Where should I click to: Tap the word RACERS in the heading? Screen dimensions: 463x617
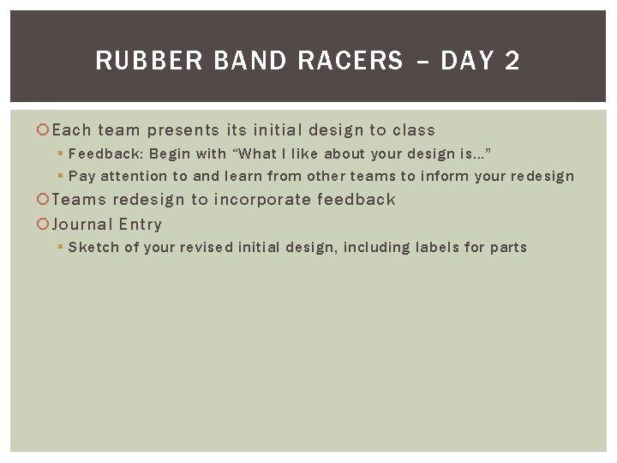point(350,61)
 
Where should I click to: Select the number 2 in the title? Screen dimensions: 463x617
point(512,61)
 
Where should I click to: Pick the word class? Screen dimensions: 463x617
point(414,130)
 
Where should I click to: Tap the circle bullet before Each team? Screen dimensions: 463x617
point(45,130)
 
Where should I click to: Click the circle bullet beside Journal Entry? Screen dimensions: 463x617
point(45,225)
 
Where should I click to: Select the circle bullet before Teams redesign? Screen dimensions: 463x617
point(45,200)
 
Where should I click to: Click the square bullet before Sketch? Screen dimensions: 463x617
point(61,247)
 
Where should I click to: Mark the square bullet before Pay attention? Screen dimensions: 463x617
point(61,176)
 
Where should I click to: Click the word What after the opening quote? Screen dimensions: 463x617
point(258,154)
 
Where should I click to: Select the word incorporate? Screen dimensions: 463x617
point(262,200)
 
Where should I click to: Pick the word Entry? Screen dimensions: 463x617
point(141,225)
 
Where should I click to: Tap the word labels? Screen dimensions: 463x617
point(436,248)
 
